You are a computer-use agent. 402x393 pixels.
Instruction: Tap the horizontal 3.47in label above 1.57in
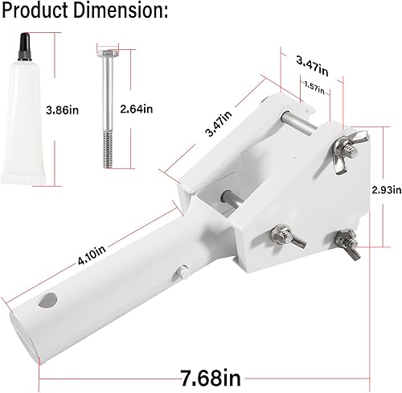click(x=311, y=60)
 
